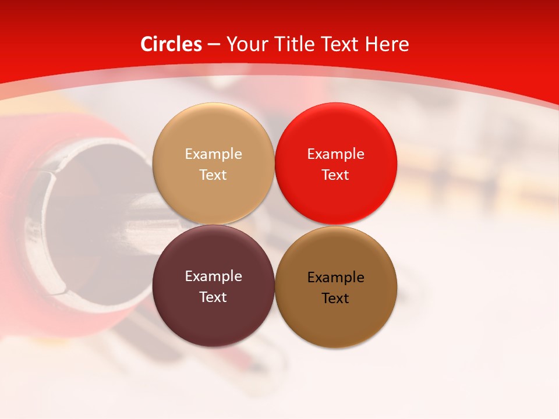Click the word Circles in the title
click(171, 44)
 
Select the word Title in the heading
click(296, 44)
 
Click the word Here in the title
click(387, 44)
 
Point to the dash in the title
click(214, 45)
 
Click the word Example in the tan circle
click(213, 154)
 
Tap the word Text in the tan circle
click(213, 175)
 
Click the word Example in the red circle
click(335, 154)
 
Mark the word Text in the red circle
click(335, 175)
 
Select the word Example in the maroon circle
click(213, 276)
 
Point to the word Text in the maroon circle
click(213, 297)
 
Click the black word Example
click(335, 278)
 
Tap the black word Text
click(335, 299)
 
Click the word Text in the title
click(342, 44)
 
